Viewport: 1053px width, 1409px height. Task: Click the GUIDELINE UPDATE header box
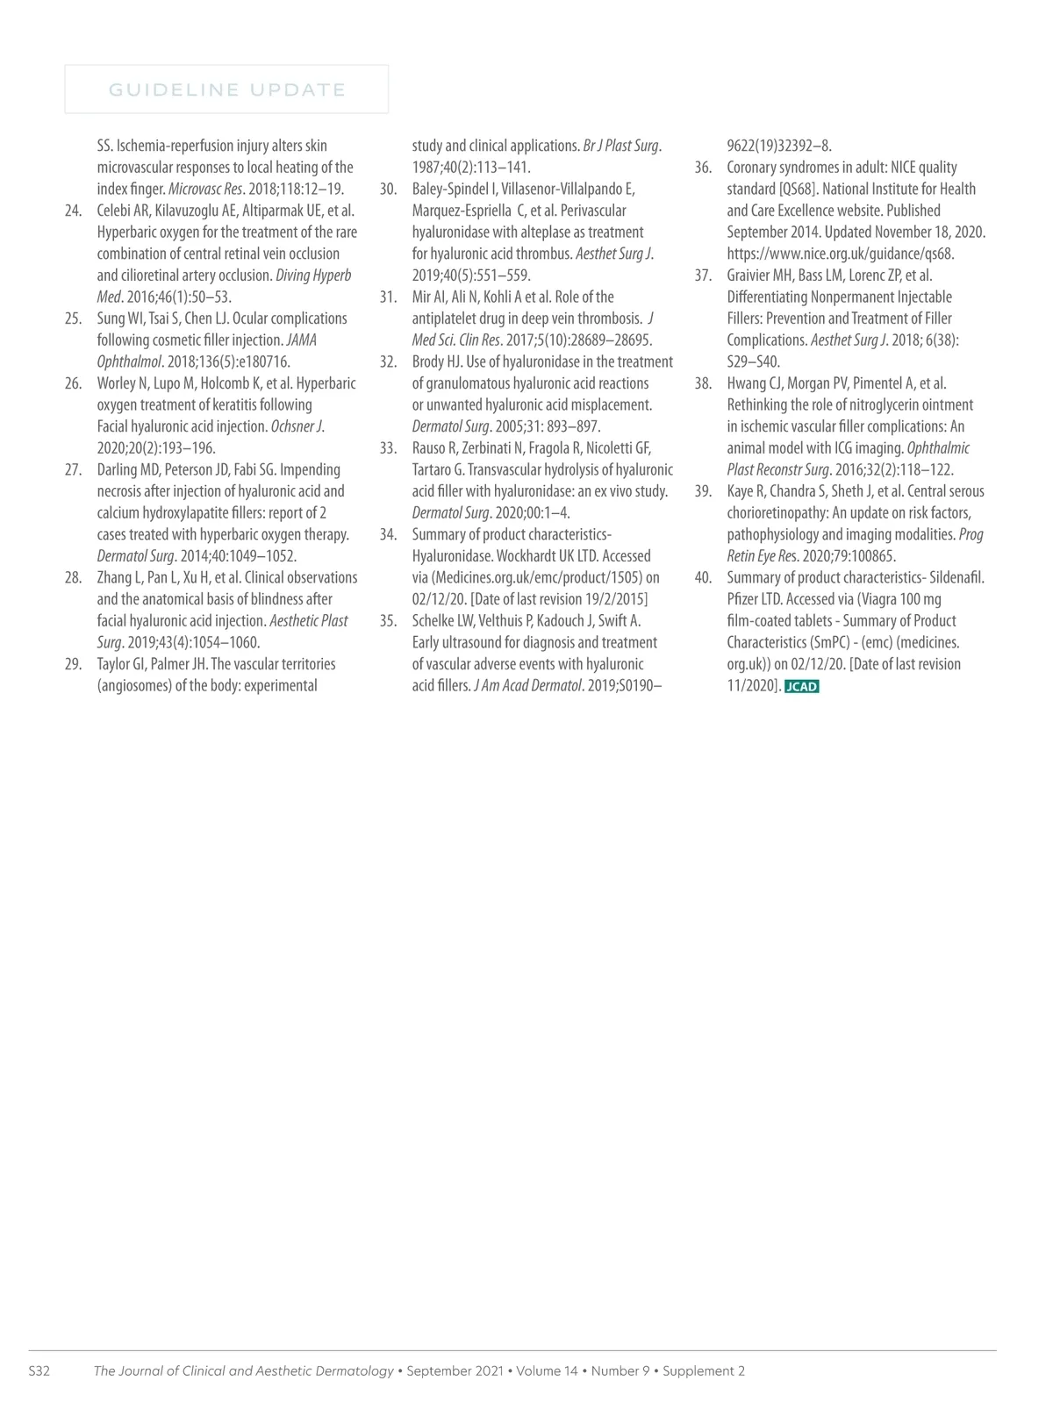pos(226,89)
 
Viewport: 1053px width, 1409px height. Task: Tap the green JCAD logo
pos(801,687)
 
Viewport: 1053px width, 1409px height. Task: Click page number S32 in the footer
pos(39,1371)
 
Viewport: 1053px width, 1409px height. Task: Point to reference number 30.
pos(388,190)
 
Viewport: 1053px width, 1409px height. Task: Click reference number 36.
pos(703,168)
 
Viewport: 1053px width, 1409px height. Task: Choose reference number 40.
pos(703,578)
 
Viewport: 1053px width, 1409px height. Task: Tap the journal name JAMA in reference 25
pos(301,340)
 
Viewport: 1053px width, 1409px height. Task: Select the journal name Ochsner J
pos(297,426)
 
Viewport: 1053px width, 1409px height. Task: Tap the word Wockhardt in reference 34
pos(527,556)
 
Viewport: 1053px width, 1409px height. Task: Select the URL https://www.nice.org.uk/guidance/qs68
pos(841,254)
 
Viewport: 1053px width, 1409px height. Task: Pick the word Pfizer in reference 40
pos(744,599)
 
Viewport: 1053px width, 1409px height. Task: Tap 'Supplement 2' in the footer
pos(704,1371)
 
